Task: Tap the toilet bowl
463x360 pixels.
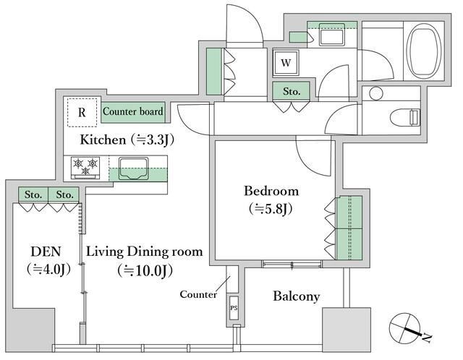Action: coord(405,117)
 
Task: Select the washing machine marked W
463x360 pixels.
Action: coord(286,63)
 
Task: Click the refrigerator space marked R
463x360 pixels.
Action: coord(82,113)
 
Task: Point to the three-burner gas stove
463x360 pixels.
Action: coord(85,168)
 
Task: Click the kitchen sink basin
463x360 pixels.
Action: coord(133,168)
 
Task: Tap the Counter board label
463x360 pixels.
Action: coord(133,111)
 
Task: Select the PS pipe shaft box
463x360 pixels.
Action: coord(234,308)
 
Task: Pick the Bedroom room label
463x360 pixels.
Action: coord(271,192)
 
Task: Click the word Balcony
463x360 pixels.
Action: coord(296,296)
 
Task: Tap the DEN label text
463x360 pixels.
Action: coord(46,252)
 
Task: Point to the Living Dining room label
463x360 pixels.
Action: coord(145,252)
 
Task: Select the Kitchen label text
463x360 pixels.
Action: coord(103,140)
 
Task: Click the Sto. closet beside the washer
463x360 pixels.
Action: coord(291,91)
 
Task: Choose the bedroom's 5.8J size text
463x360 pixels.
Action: coord(271,209)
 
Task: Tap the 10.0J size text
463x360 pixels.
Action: coord(145,270)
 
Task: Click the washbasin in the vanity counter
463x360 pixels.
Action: coord(332,34)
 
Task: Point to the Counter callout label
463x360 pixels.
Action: coord(198,294)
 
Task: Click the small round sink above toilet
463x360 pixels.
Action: coord(376,93)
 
